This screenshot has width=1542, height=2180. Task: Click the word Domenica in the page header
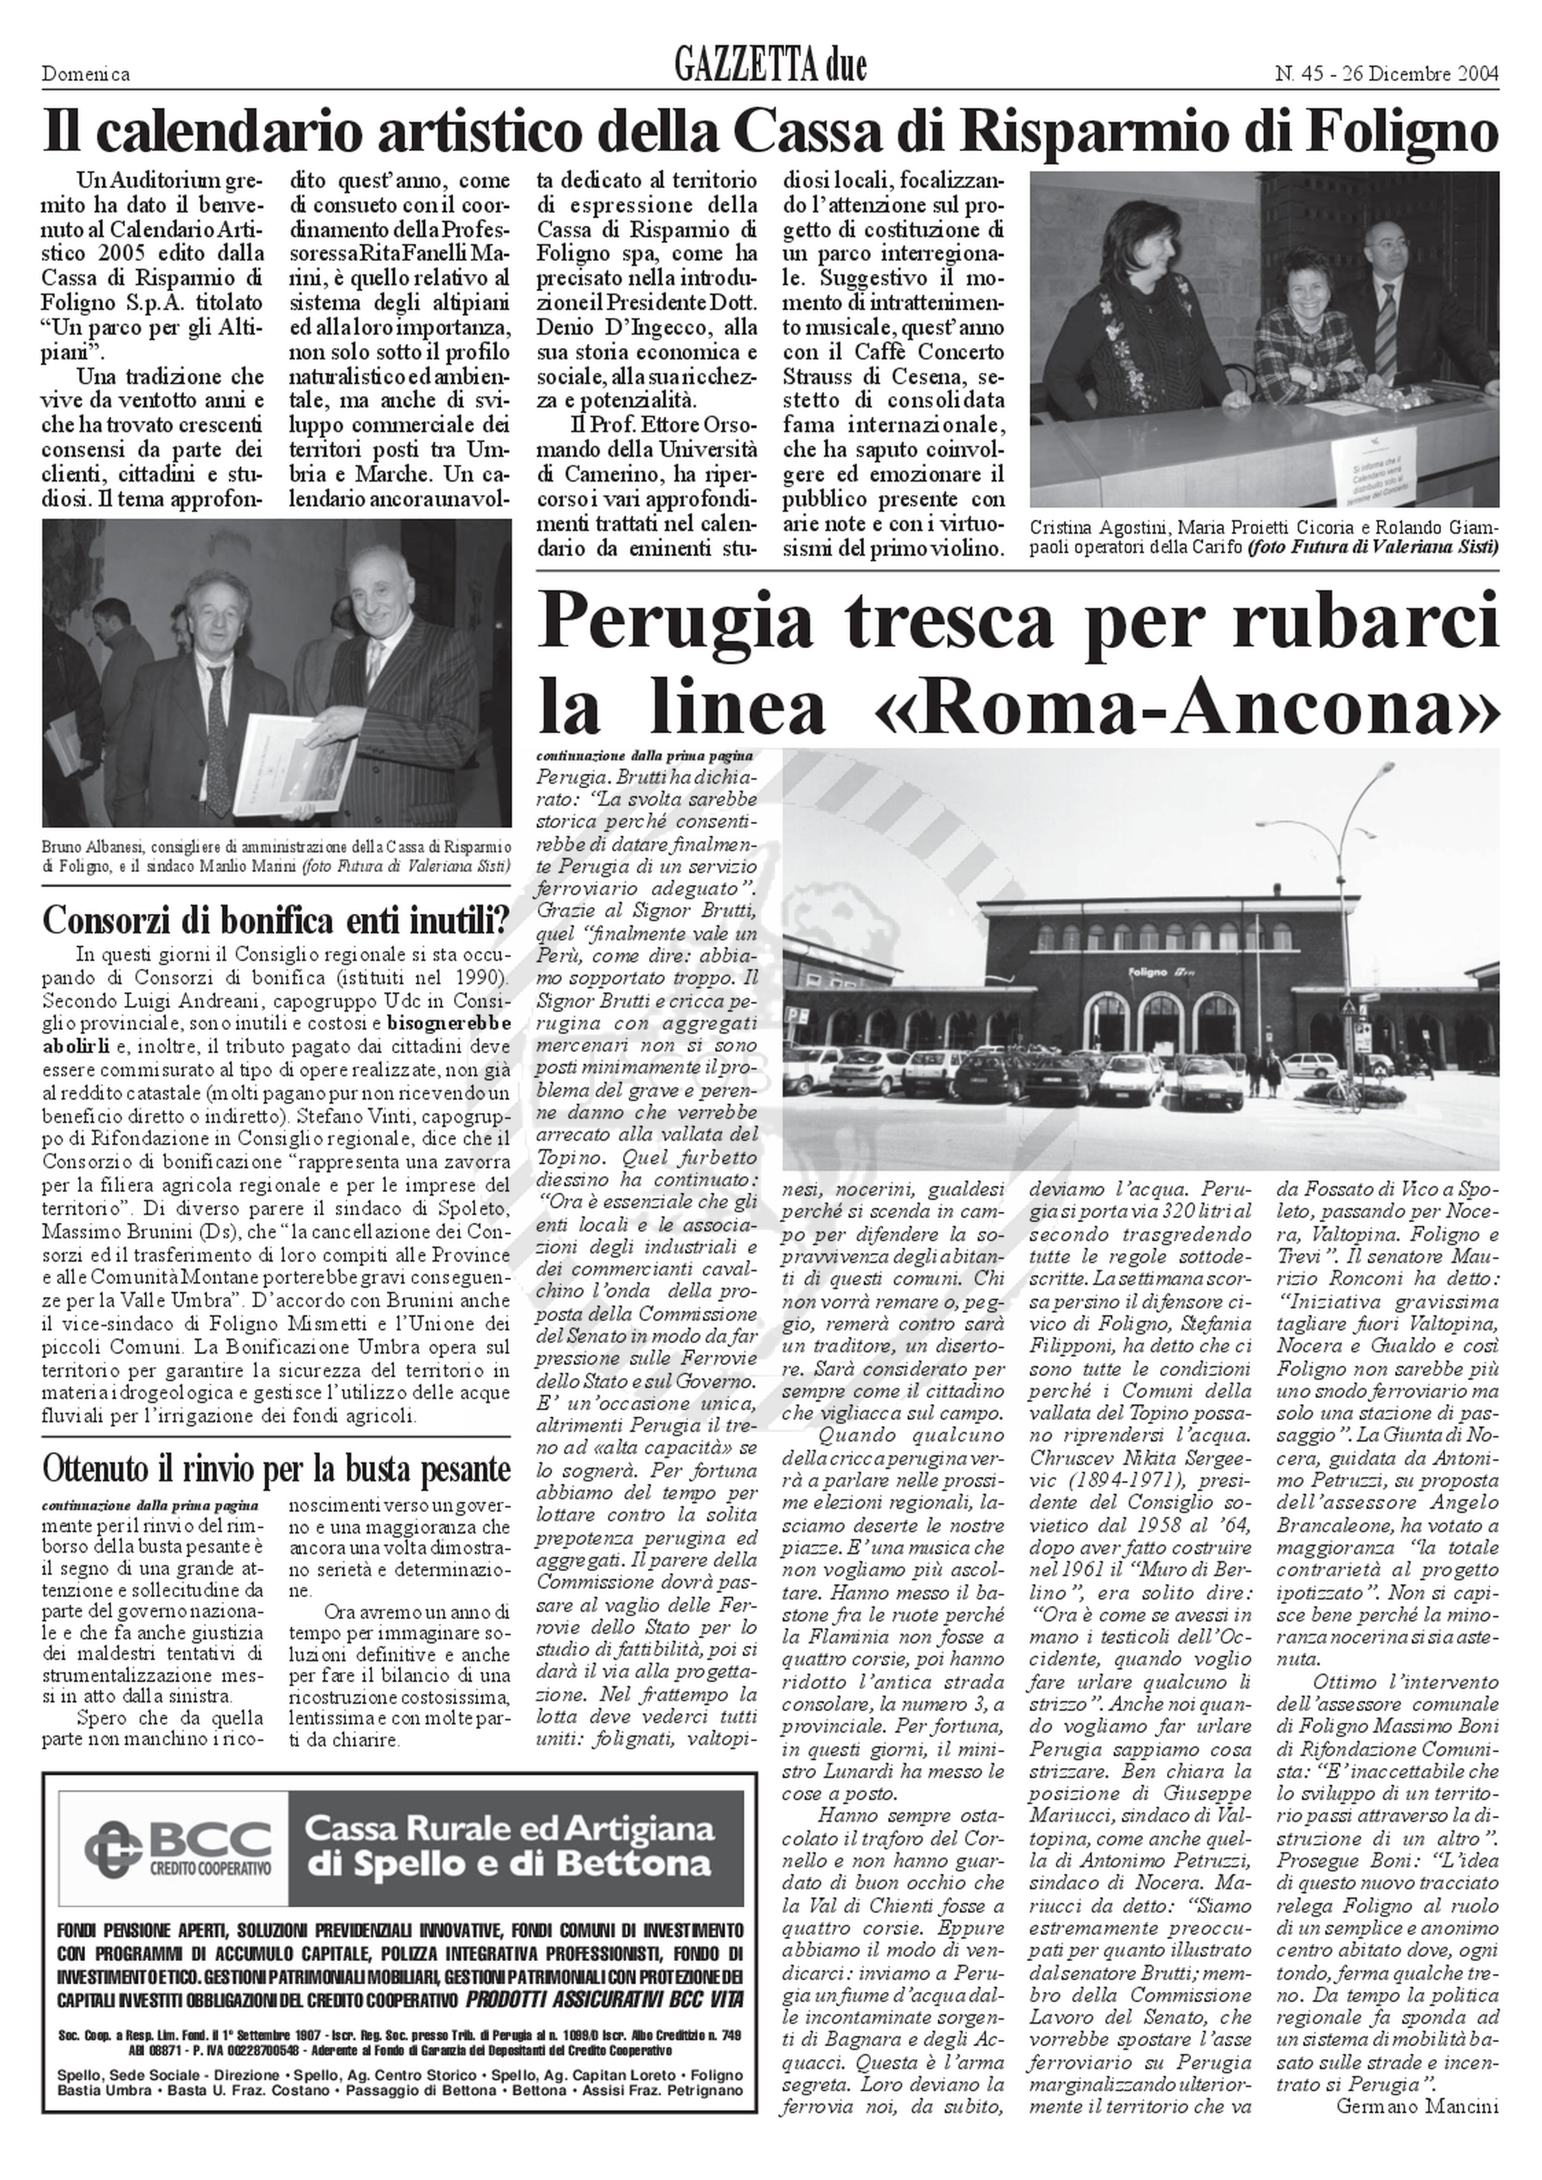pyautogui.click(x=86, y=74)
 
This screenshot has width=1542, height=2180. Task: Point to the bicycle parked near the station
pyautogui.click(x=1343, y=1095)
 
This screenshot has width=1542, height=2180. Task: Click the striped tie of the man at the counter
pyautogui.click(x=1384, y=323)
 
